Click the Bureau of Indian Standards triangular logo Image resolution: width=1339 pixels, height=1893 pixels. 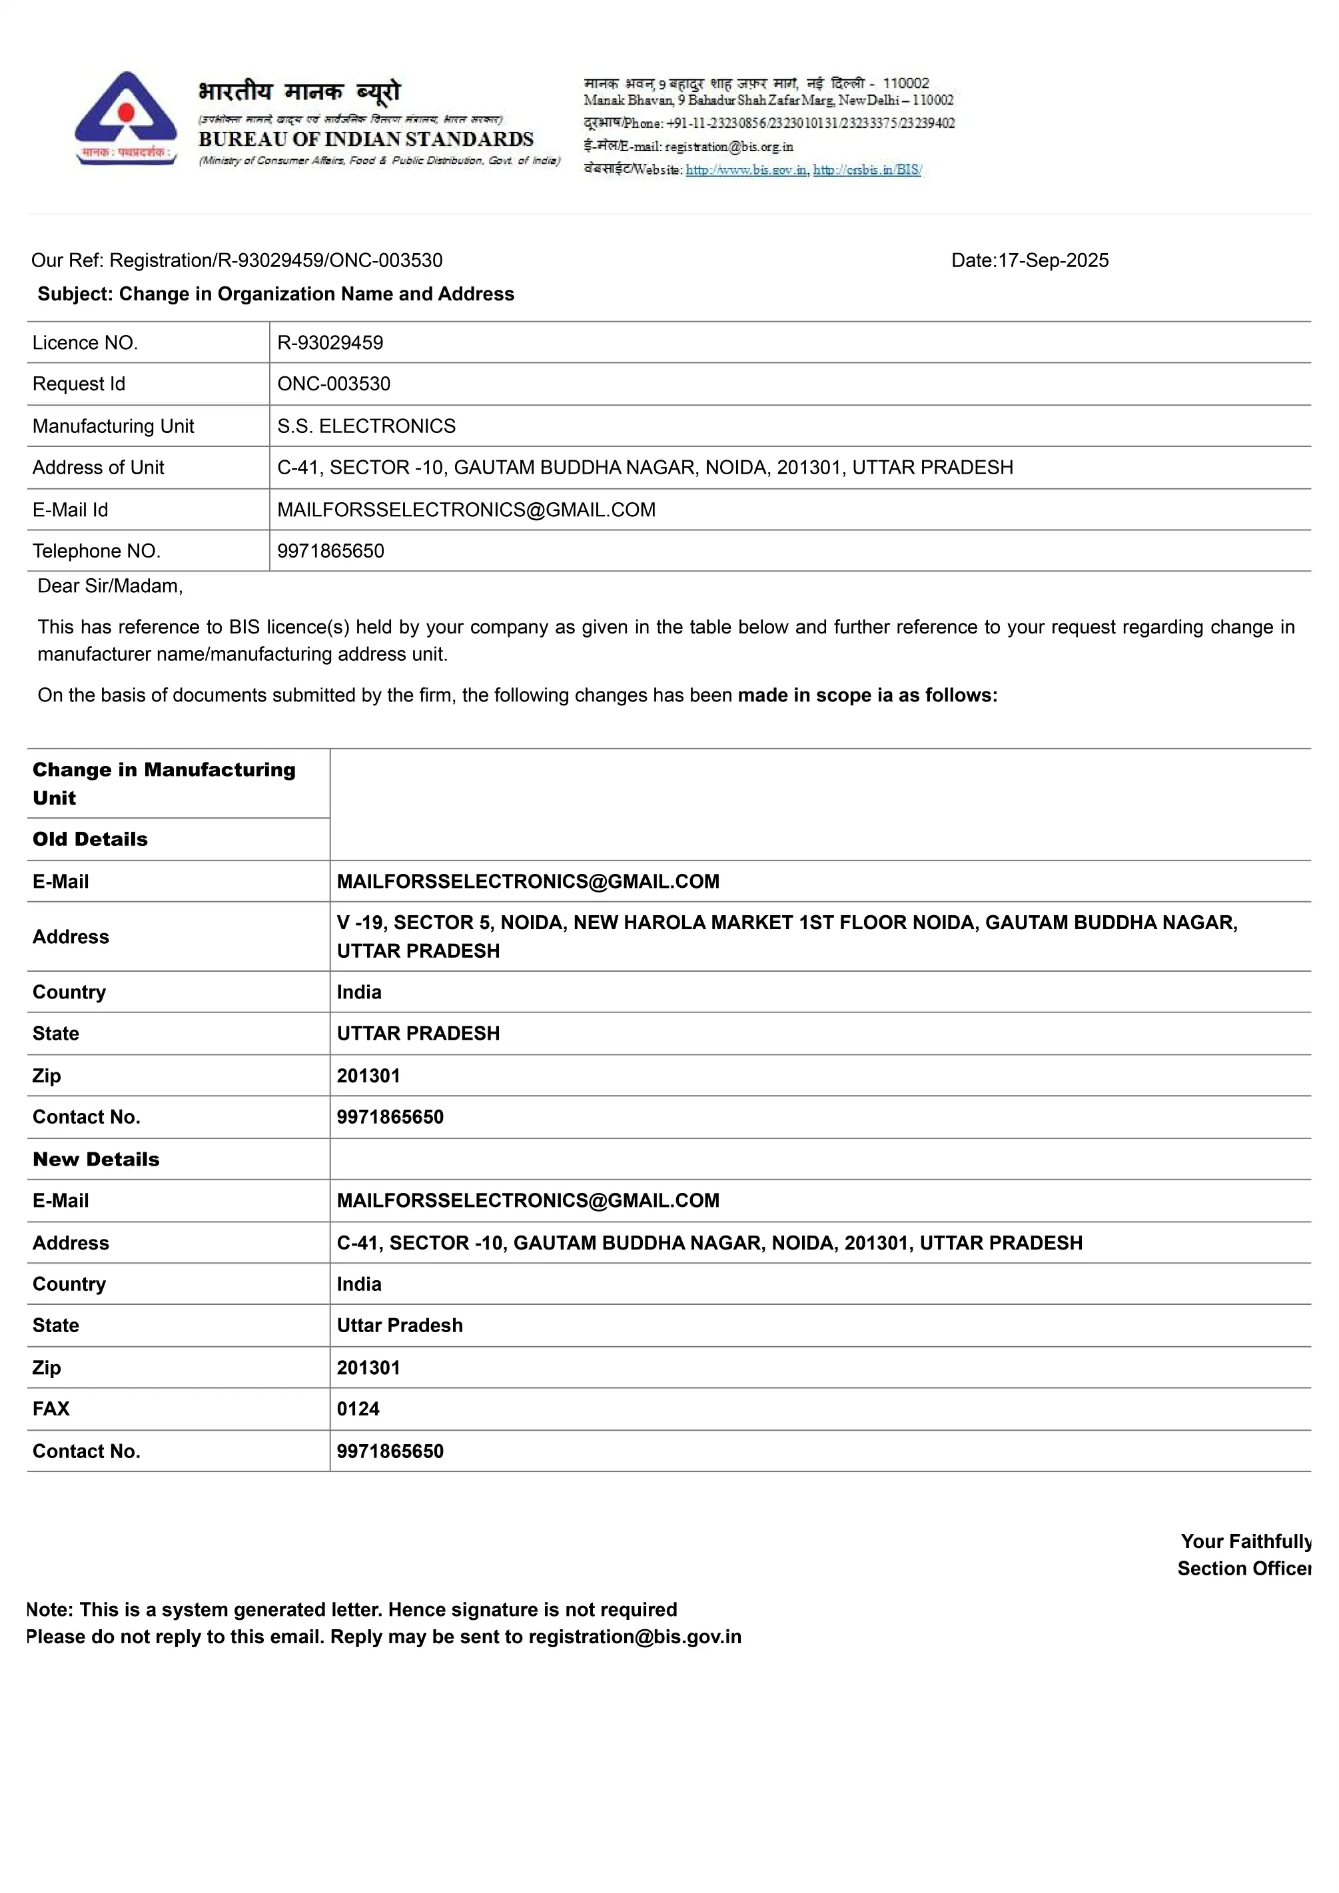(x=125, y=118)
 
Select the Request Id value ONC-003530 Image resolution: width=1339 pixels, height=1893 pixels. (x=334, y=384)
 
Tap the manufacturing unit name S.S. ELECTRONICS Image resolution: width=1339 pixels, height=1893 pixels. (x=366, y=426)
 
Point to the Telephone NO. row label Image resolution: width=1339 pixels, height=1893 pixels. (x=97, y=551)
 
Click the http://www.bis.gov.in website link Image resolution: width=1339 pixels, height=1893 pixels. (x=746, y=171)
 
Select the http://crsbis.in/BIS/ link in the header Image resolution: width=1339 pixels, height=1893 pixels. (x=867, y=171)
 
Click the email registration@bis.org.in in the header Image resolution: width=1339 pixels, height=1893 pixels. (x=729, y=147)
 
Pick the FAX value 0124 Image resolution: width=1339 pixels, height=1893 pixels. (x=358, y=1409)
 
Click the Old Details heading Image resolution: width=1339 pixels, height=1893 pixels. (x=90, y=839)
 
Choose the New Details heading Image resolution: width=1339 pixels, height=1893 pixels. (x=96, y=1159)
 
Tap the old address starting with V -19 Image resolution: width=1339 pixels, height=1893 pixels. (x=787, y=937)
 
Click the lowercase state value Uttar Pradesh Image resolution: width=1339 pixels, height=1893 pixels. (x=400, y=1325)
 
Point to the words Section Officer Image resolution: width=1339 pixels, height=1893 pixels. (x=1243, y=1569)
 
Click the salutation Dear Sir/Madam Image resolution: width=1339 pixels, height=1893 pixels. (x=111, y=586)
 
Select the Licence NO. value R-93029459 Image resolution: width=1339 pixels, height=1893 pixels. (x=330, y=343)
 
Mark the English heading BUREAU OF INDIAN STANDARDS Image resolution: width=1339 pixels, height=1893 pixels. (x=366, y=139)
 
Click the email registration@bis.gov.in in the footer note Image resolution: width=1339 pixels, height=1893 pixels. (x=635, y=1637)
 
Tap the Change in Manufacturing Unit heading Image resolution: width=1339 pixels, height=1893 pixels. (x=163, y=783)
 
